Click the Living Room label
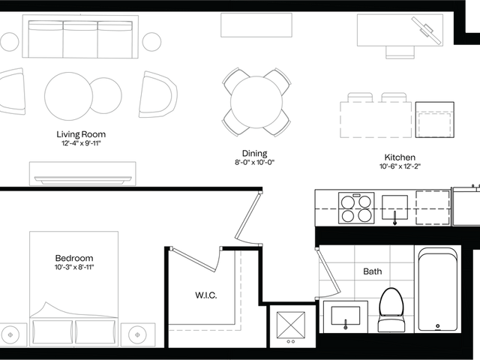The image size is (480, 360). [81, 134]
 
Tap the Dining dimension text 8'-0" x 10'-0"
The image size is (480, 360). [255, 162]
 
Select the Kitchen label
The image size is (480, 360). [400, 157]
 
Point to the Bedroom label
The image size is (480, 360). [74, 258]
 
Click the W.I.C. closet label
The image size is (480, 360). [206, 295]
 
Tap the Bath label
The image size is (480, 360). [373, 271]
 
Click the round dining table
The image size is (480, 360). [256, 102]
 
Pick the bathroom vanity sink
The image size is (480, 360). [346, 316]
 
